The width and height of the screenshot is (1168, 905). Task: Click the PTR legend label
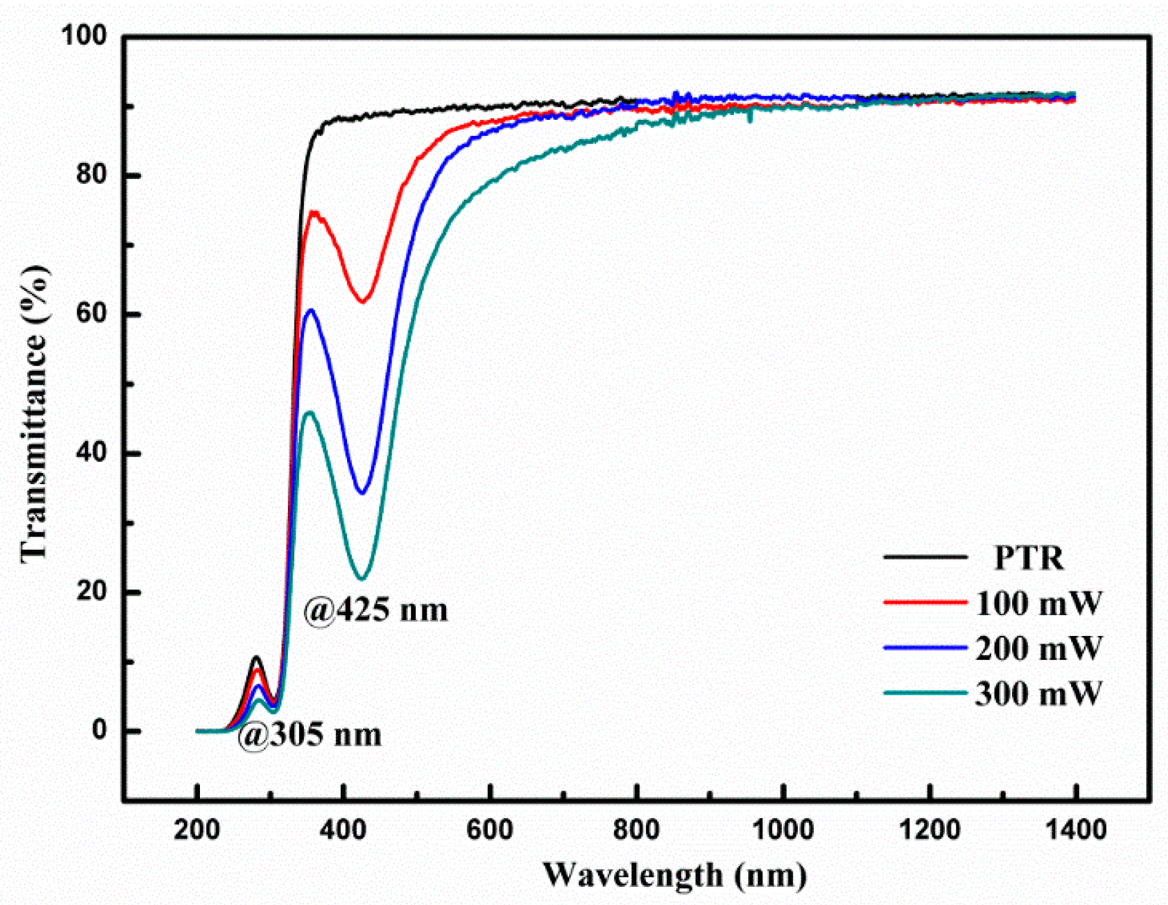tap(1029, 558)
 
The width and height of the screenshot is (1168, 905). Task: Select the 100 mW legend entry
tap(1038, 603)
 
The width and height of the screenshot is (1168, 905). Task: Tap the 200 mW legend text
tap(1038, 649)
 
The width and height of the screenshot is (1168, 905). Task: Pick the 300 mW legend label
tap(1038, 694)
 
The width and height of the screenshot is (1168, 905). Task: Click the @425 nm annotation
tap(376, 610)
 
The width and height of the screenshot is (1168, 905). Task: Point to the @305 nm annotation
tap(310, 735)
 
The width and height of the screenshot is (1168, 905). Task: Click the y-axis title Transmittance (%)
tap(35, 414)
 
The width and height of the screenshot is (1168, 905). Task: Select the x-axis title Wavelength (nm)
tap(674, 875)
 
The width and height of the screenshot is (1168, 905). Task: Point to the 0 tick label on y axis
tap(100, 731)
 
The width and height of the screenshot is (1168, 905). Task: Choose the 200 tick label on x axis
tap(198, 830)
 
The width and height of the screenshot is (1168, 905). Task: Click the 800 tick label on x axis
tap(637, 830)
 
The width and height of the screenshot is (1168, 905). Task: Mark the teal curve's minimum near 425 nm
tap(362, 578)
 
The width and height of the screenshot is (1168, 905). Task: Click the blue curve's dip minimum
tap(362, 493)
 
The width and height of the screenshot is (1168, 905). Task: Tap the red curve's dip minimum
tap(362, 301)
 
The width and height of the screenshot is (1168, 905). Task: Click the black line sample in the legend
tap(925, 557)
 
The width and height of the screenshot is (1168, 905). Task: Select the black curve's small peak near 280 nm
tap(256, 657)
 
